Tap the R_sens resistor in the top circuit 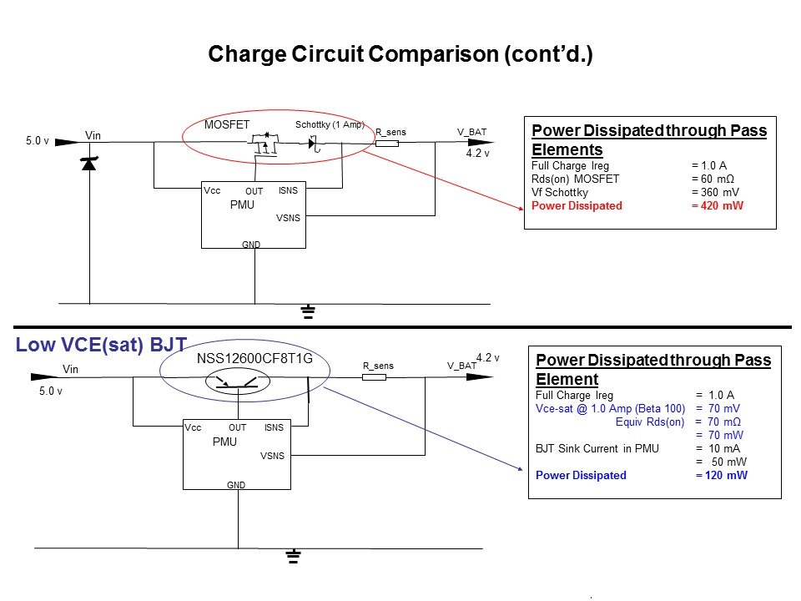click(x=386, y=144)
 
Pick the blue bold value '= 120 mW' click(x=722, y=475)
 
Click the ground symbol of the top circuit click(x=308, y=313)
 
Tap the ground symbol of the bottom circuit click(x=293, y=557)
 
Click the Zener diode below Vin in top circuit click(x=89, y=164)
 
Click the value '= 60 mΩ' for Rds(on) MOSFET click(x=715, y=179)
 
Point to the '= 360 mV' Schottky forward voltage click(x=715, y=192)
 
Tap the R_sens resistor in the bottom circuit click(x=375, y=377)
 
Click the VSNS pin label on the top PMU click(x=288, y=218)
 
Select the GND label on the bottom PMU click(x=236, y=484)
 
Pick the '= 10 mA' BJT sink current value click(x=718, y=448)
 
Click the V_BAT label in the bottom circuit click(x=461, y=366)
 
